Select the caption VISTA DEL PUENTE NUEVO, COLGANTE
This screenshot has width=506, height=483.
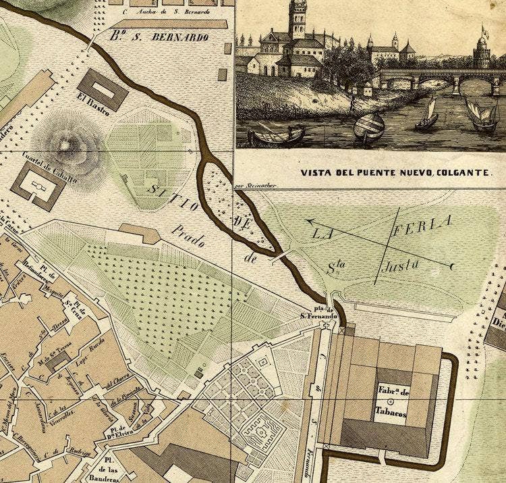tap(395, 172)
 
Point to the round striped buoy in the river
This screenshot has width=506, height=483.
tap(369, 126)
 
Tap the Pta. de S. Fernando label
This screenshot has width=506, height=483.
tap(318, 312)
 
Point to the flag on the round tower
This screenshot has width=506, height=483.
tap(483, 30)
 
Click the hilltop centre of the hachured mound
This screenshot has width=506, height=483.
tap(65, 143)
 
